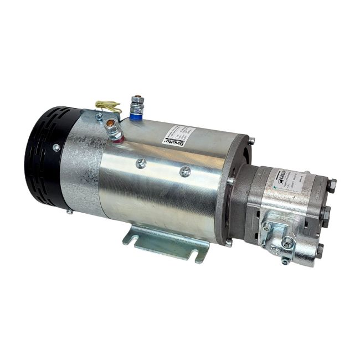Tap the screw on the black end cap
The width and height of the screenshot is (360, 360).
56,147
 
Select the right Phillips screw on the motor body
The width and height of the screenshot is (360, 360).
185,172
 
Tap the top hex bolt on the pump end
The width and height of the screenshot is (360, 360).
331,186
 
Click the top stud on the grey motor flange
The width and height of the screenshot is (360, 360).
251,140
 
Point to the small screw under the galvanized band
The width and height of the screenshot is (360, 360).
69,211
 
